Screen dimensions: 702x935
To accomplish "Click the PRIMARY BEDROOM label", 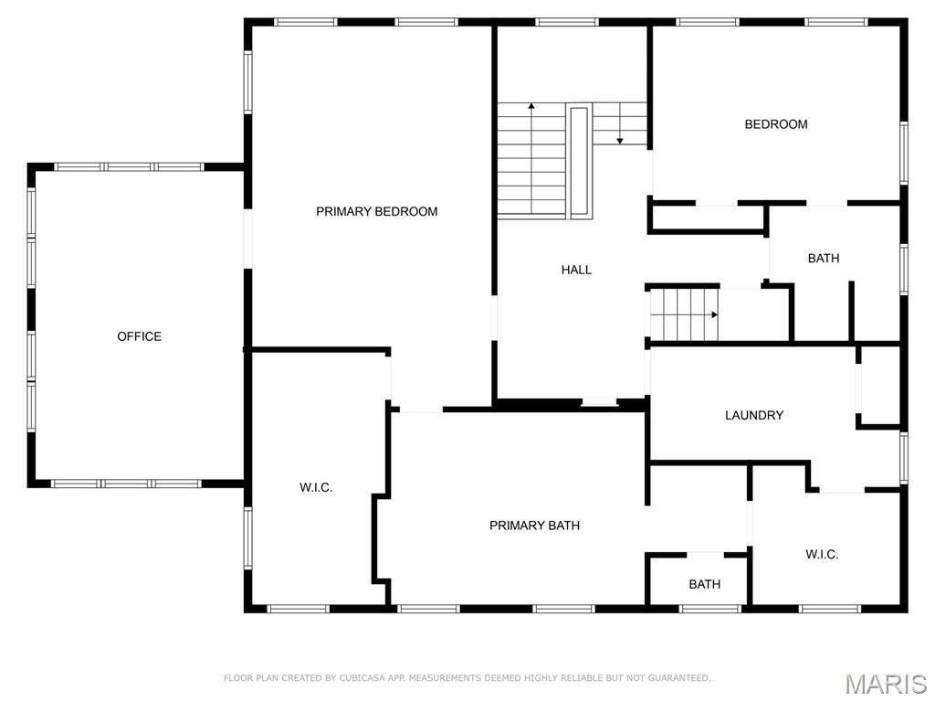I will tap(376, 211).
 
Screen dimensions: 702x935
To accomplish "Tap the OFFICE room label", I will tap(139, 336).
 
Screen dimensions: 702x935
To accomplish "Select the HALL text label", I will tap(576, 270).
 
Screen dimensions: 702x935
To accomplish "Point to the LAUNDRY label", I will tap(754, 415).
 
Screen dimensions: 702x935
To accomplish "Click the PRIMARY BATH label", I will tap(534, 526).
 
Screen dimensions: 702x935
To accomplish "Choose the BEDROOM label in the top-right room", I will tap(776, 124).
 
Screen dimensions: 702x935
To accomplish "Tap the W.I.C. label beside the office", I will tap(316, 488).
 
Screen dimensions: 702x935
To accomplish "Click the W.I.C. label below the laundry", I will tap(822, 555).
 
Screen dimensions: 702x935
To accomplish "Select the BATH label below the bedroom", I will tap(824, 259).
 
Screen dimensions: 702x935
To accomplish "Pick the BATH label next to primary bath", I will tap(704, 584).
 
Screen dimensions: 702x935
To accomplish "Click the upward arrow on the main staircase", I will tap(531, 108).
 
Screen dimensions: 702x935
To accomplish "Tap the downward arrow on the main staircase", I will tap(620, 139).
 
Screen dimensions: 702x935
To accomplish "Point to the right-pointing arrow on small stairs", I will tap(714, 314).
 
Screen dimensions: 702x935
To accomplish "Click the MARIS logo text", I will tap(886, 684).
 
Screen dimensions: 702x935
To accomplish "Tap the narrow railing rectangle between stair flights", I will tap(579, 162).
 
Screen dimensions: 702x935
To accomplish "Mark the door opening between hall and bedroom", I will tap(652, 174).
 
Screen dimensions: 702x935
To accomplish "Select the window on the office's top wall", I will tap(129, 167).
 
